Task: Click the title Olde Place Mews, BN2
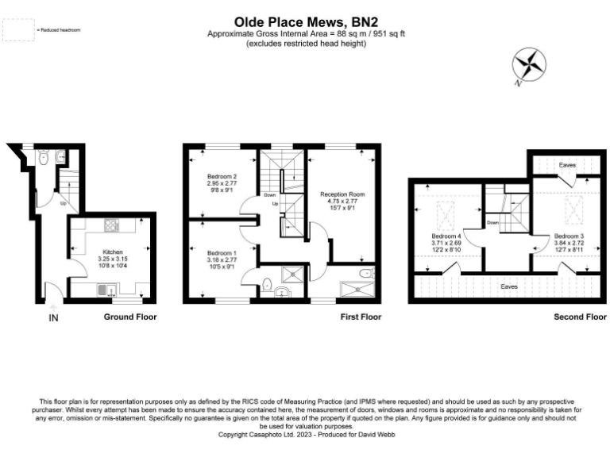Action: tap(305, 23)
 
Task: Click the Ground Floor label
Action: tap(130, 317)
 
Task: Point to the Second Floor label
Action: tap(580, 317)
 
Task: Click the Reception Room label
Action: tap(342, 194)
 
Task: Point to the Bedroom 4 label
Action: tap(446, 236)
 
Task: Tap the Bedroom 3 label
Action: tap(569, 236)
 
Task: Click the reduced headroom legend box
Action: tap(13, 29)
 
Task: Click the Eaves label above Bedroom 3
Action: tap(566, 165)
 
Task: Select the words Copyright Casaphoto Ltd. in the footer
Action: tap(253, 435)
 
